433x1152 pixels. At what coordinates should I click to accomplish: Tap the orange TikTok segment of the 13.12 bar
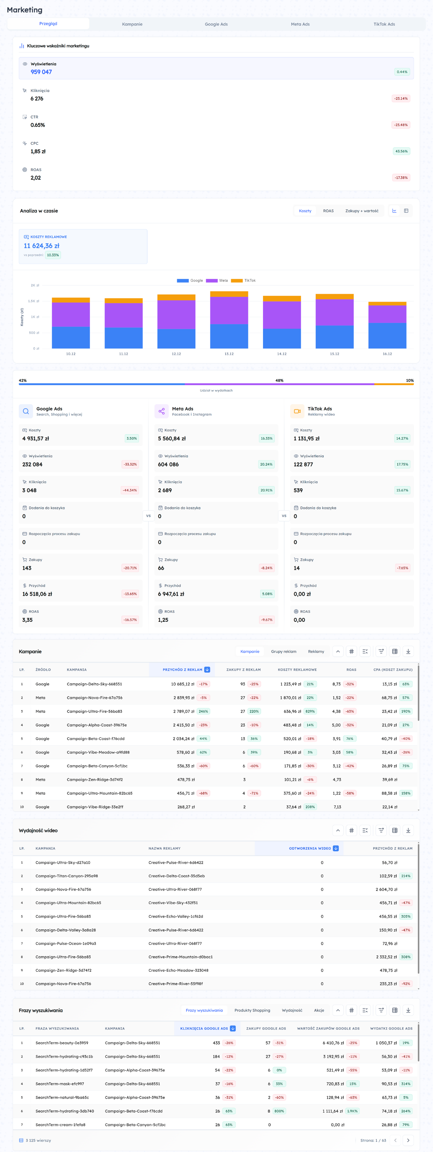coord(229,294)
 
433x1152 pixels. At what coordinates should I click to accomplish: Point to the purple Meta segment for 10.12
coord(71,314)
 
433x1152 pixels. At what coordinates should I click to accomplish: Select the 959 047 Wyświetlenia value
coord(41,72)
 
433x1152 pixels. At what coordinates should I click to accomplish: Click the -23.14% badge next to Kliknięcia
coord(400,98)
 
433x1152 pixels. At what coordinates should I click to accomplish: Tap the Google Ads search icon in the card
coord(26,411)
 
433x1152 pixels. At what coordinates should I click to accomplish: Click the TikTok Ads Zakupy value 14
coord(297,568)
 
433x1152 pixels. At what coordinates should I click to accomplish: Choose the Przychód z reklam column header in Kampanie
coord(182,669)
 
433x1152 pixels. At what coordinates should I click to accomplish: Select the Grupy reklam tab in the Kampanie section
coord(283,651)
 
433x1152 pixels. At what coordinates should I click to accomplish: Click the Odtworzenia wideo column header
coord(310,848)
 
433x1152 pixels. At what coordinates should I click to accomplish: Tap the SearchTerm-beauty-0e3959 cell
coord(62,1043)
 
